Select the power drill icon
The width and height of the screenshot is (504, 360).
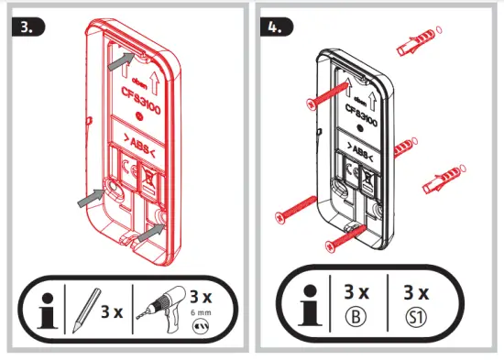pos(161,309)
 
